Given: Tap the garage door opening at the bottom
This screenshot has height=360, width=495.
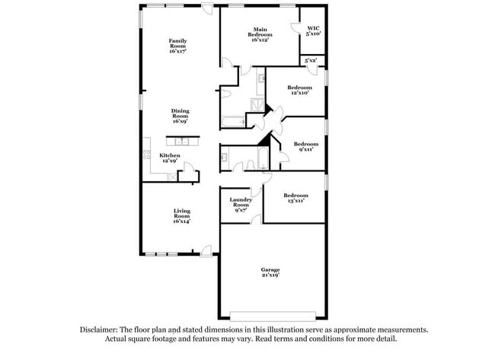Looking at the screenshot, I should click(273, 316).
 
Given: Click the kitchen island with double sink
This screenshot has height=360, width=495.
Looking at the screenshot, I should click(183, 141).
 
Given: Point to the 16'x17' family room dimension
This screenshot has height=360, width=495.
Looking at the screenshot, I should click(179, 50).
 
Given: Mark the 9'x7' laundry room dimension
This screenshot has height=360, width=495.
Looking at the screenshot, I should click(241, 209).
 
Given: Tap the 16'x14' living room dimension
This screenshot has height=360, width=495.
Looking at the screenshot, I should click(181, 220).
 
